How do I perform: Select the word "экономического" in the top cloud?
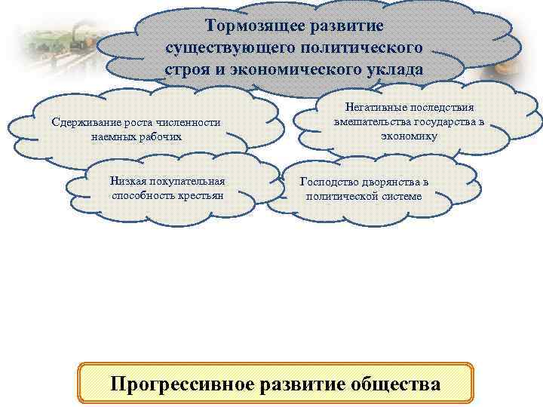coord(318,69)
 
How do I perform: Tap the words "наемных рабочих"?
coord(137,136)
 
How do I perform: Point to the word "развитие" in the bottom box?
coord(304,384)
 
